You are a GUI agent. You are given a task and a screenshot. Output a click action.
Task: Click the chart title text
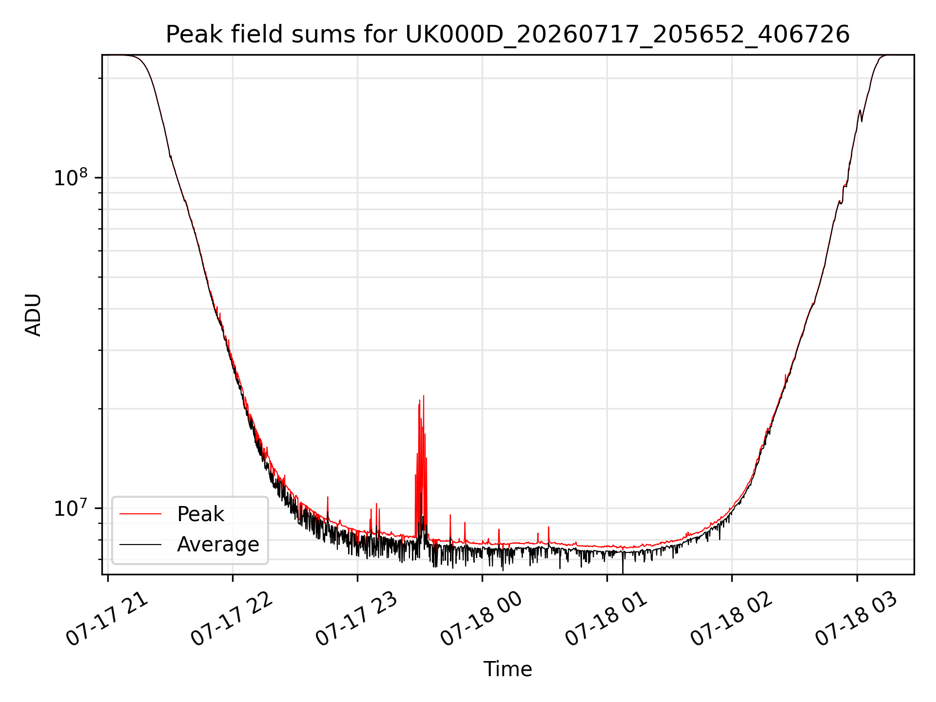pyautogui.click(x=507, y=35)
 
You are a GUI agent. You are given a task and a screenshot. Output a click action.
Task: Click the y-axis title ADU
pyautogui.click(x=33, y=315)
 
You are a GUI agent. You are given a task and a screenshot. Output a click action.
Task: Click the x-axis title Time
pyautogui.click(x=507, y=669)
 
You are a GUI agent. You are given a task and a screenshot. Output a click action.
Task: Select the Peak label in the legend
pyautogui.click(x=200, y=514)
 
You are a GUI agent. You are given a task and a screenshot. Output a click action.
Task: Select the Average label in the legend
pyautogui.click(x=218, y=545)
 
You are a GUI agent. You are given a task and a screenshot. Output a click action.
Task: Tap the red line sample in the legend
pyautogui.click(x=140, y=514)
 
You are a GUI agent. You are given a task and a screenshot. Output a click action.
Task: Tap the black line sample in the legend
pyautogui.click(x=140, y=544)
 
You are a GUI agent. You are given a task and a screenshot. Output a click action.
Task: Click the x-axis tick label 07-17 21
pyautogui.click(x=107, y=619)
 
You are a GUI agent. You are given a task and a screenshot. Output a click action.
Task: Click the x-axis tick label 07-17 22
pyautogui.click(x=232, y=619)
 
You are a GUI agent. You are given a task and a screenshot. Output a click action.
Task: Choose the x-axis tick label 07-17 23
pyautogui.click(x=357, y=619)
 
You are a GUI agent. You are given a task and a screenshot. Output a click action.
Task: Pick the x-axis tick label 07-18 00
pyautogui.click(x=482, y=619)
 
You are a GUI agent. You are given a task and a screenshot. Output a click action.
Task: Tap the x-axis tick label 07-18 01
pyautogui.click(x=606, y=619)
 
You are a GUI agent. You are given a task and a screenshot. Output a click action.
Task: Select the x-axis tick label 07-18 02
pyautogui.click(x=732, y=619)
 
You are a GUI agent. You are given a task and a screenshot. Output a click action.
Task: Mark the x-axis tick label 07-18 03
pyautogui.click(x=857, y=619)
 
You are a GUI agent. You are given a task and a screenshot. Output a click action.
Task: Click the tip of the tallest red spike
pyautogui.click(x=424, y=396)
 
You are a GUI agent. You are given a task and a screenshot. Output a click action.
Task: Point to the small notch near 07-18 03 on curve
pyautogui.click(x=861, y=120)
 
